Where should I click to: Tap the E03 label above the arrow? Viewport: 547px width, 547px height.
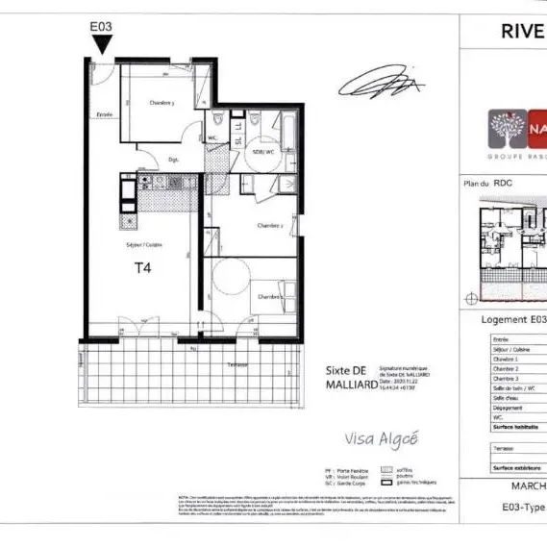click(102, 27)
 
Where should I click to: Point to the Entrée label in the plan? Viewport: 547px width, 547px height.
click(104, 114)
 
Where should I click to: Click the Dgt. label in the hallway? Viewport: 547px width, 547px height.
click(175, 159)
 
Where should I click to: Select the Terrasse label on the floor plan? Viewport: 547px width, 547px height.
click(237, 366)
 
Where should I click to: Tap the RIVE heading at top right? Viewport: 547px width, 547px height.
click(523, 30)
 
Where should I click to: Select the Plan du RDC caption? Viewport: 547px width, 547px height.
click(487, 182)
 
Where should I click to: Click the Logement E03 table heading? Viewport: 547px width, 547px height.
click(512, 319)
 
